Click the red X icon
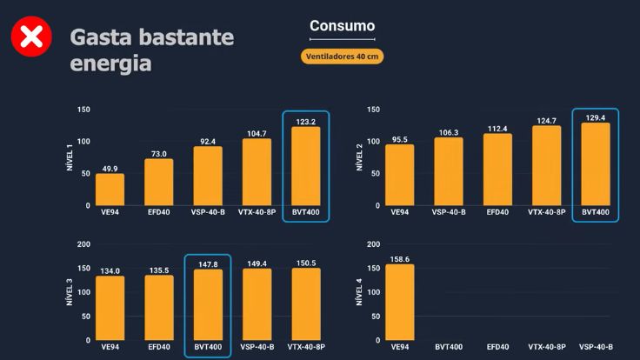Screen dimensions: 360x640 click(x=30, y=37)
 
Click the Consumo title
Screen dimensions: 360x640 click(x=343, y=26)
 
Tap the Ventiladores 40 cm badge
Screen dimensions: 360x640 click(x=343, y=57)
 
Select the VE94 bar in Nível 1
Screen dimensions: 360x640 click(x=110, y=190)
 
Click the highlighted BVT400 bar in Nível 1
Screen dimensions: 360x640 click(x=305, y=166)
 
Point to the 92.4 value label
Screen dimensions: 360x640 click(x=208, y=141)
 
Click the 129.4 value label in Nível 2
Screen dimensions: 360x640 click(x=596, y=117)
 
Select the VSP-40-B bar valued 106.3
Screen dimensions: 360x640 click(x=449, y=171)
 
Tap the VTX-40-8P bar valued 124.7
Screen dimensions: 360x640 click(x=547, y=165)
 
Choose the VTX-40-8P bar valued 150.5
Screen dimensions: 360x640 click(x=305, y=303)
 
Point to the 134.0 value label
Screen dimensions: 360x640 click(x=110, y=270)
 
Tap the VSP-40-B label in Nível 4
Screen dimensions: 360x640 click(x=596, y=347)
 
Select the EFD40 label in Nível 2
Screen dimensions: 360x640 click(x=497, y=212)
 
